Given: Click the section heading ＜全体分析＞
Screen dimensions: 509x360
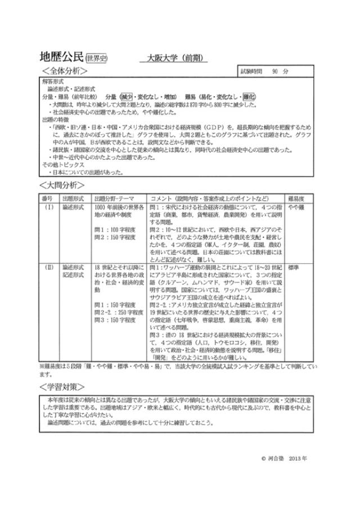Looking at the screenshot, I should click(x=65, y=71).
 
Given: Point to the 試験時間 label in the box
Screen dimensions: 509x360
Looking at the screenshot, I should click(x=251, y=72).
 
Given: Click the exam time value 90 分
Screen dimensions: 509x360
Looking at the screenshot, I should click(x=280, y=72).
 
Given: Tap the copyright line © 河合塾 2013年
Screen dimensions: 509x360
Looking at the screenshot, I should click(x=284, y=459).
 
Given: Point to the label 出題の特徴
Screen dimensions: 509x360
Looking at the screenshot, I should click(x=55, y=119).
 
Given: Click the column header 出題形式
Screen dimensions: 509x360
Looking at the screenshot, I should click(x=73, y=199).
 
